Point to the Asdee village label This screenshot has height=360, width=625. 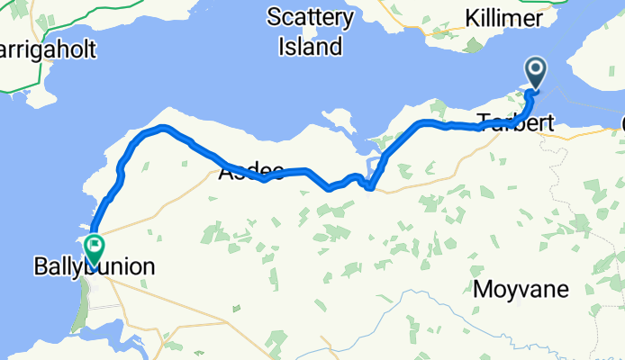[x=251, y=170]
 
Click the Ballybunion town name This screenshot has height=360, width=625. [x=95, y=266]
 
